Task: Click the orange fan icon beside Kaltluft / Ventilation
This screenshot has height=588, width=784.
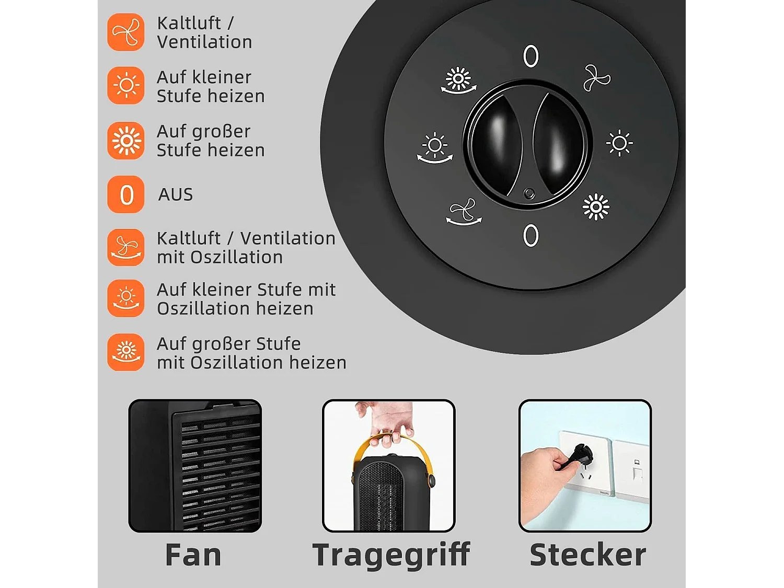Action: tap(126, 32)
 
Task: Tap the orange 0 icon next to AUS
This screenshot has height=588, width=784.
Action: tap(126, 194)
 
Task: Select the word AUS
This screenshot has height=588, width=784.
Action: tap(176, 194)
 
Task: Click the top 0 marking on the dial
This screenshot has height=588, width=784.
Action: tap(531, 56)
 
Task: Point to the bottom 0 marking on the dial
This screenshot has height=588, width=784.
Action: tap(531, 235)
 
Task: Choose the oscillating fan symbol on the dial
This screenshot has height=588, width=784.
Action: tap(463, 212)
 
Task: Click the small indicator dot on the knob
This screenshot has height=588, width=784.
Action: tap(529, 194)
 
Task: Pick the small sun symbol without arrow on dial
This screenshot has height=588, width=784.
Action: tap(619, 143)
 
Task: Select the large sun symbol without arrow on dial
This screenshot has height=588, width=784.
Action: tap(596, 207)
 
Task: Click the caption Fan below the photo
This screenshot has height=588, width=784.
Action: tap(193, 555)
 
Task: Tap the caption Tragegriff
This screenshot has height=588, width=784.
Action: tap(391, 555)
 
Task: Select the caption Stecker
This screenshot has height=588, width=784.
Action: tap(587, 555)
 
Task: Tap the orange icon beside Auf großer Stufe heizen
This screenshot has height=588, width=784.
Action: tap(126, 141)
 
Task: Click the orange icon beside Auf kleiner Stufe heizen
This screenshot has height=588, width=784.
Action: tap(126, 85)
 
